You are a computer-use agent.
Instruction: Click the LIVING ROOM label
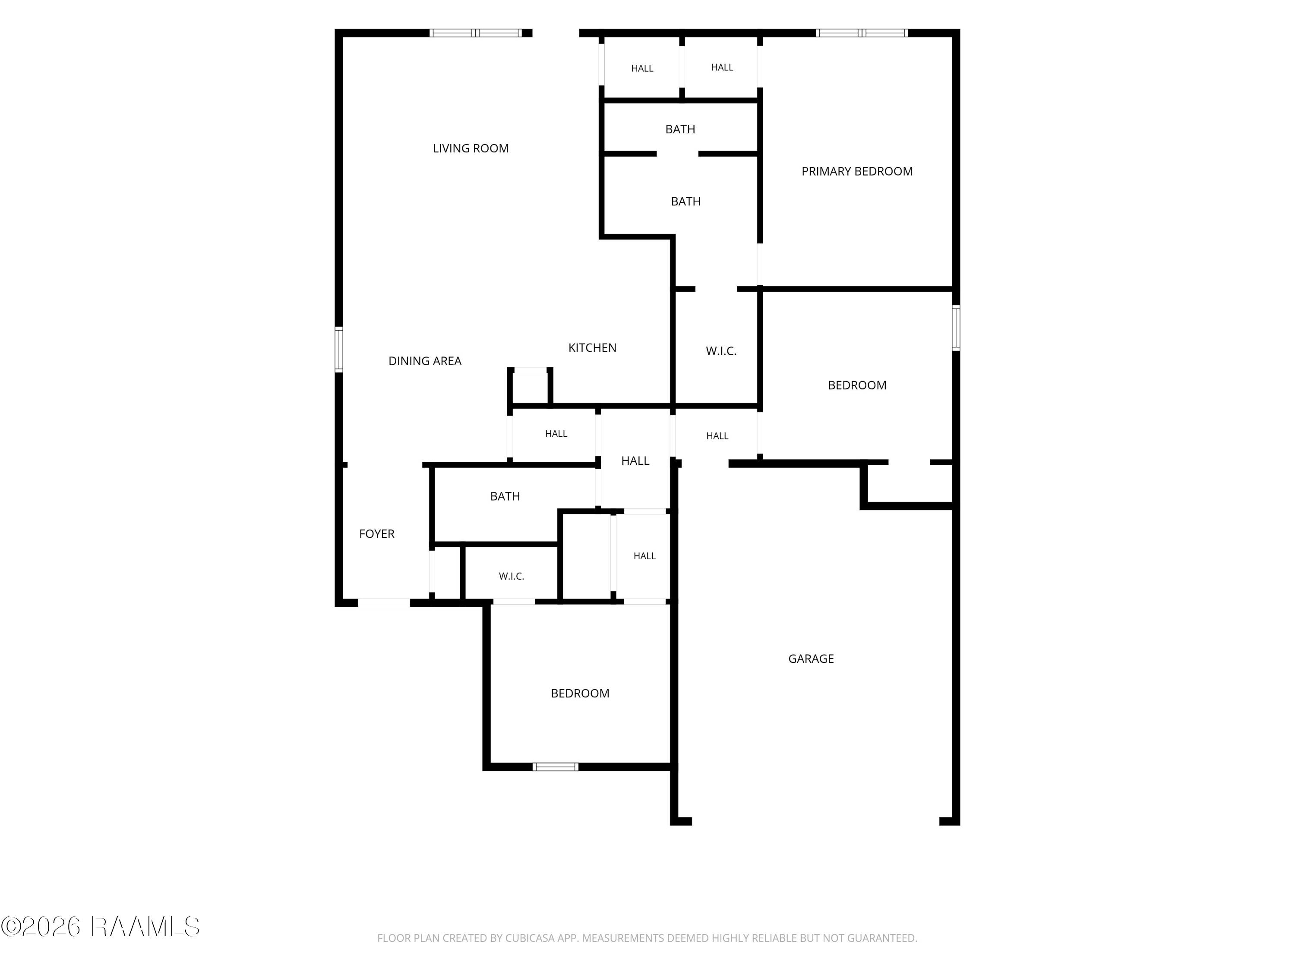pos(471,148)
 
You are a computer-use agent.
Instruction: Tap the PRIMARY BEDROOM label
pos(857,171)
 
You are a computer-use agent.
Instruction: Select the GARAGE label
pos(811,659)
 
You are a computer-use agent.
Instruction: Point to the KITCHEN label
pos(593,348)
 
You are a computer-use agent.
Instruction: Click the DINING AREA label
pos(425,361)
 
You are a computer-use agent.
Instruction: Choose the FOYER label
pos(376,534)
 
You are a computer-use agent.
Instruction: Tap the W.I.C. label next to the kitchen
pos(721,351)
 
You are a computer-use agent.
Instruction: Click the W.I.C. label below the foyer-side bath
pos(511,577)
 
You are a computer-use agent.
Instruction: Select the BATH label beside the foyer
pos(505,496)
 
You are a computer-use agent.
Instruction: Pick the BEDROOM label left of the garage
pos(580,694)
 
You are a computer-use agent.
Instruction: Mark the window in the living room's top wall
pos(475,33)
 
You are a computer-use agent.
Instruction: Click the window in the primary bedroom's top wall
pos(862,33)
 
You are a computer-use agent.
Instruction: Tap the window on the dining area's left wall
pos(338,350)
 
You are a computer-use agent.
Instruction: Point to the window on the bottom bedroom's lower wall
pos(556,767)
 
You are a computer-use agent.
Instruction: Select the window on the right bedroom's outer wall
pos(956,328)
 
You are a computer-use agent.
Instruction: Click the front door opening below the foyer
pos(384,603)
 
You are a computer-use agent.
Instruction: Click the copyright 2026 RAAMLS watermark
pos(100,927)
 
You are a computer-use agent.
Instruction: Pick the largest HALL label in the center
pos(635,461)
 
